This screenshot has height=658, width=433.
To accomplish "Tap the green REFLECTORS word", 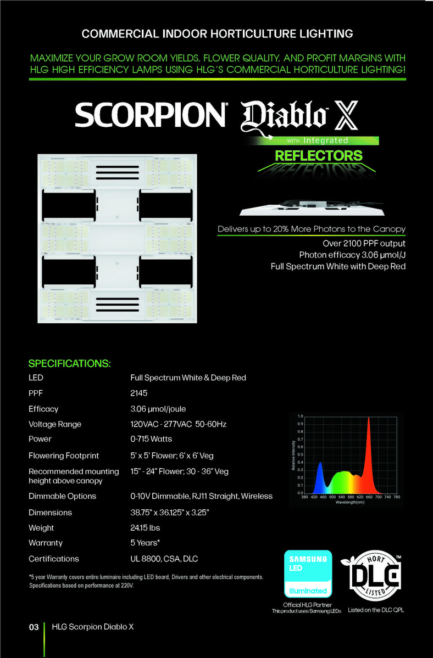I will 319,155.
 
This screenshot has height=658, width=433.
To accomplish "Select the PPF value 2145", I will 139,393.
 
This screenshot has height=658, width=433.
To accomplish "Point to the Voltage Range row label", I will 55,424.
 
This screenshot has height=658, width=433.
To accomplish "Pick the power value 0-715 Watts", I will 151,439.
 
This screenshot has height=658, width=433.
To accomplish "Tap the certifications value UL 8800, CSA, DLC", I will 164,559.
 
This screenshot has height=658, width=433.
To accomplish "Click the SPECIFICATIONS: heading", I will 70,364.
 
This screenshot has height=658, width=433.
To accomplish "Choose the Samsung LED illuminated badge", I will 308,574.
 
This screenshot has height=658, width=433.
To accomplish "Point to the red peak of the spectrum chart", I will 368,419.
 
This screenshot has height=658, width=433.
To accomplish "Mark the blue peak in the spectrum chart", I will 320,464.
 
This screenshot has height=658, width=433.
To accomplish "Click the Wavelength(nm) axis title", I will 352,503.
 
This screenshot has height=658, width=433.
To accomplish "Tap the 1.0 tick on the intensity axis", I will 299,417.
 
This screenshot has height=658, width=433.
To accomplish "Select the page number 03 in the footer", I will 34,627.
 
